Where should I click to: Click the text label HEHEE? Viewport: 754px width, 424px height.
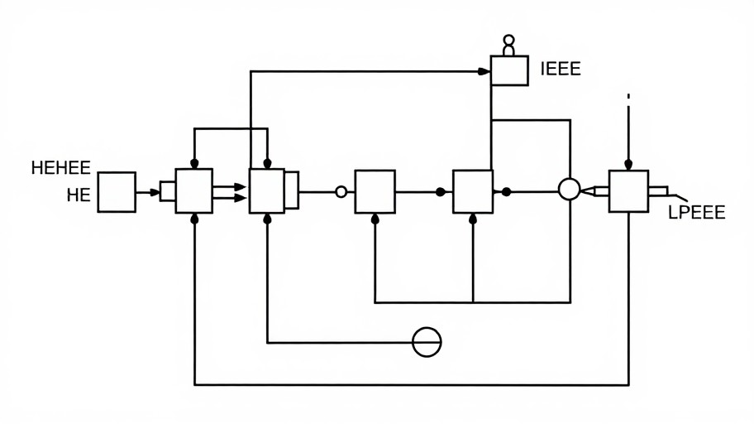tap(60, 169)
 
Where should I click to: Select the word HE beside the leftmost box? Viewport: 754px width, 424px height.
tap(78, 196)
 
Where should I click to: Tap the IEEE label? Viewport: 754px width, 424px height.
tap(561, 69)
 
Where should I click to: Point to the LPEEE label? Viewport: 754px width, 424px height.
tap(696, 213)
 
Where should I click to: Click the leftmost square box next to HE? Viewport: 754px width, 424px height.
tap(117, 192)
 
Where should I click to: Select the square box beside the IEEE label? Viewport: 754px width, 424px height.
tap(508, 70)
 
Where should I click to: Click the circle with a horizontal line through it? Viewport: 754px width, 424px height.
tap(427, 341)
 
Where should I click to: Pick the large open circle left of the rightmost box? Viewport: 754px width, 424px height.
tap(569, 190)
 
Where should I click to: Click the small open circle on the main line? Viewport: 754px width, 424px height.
tap(341, 192)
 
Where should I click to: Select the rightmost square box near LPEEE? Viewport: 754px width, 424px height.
tap(628, 191)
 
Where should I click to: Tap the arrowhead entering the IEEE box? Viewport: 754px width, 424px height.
tap(485, 71)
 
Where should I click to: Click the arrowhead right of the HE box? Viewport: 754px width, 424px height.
tap(155, 192)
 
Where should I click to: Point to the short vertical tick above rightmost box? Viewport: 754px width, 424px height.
tap(628, 96)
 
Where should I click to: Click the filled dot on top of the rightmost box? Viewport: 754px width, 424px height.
tap(628, 164)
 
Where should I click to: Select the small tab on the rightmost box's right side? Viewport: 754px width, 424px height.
tap(657, 191)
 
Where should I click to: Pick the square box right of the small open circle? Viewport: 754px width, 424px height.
tap(375, 191)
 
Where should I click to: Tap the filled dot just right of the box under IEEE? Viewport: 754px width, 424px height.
tap(506, 192)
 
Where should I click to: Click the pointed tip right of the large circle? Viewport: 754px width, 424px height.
tap(589, 190)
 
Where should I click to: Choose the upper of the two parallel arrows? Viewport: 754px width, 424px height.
tap(239, 187)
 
